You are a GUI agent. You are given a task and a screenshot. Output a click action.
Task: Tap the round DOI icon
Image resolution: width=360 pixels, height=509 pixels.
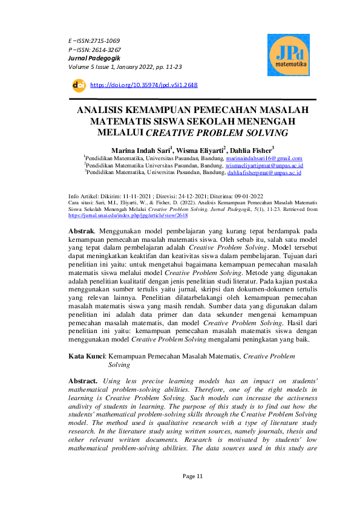pyautogui.click(x=78, y=85)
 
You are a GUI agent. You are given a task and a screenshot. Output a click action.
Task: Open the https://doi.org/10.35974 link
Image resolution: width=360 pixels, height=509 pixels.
pyautogui.click(x=143, y=85)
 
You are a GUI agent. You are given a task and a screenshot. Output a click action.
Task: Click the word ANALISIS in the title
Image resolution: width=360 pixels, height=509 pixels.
pyautogui.click(x=110, y=110)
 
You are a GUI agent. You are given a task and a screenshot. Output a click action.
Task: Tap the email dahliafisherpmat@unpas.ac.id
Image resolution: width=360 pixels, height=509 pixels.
pyautogui.click(x=264, y=172)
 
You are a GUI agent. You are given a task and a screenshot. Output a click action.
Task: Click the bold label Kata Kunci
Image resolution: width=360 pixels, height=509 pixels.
pyautogui.click(x=87, y=357)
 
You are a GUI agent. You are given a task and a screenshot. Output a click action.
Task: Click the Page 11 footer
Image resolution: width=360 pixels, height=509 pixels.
pyautogui.click(x=194, y=476)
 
